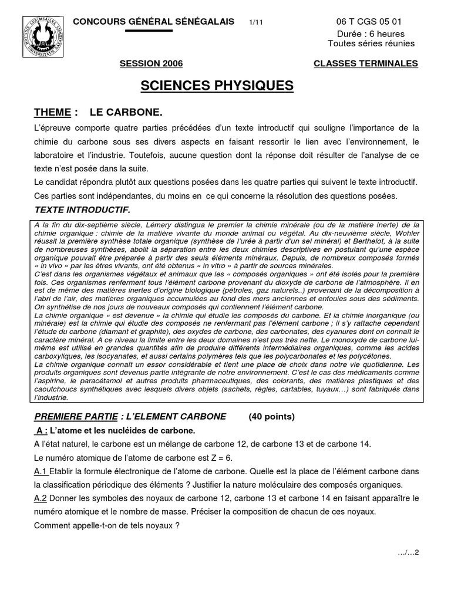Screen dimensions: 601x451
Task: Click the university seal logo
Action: (41, 36)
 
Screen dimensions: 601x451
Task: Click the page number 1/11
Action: (257, 22)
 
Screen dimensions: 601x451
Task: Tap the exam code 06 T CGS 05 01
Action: (371, 22)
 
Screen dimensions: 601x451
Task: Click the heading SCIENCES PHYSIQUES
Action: (217, 86)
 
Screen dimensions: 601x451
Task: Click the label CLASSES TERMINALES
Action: (366, 63)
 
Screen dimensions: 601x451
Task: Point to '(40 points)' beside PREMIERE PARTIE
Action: (271, 417)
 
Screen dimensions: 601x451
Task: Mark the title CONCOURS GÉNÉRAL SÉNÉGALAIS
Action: (155, 22)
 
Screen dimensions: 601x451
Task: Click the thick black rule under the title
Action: (149, 31)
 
